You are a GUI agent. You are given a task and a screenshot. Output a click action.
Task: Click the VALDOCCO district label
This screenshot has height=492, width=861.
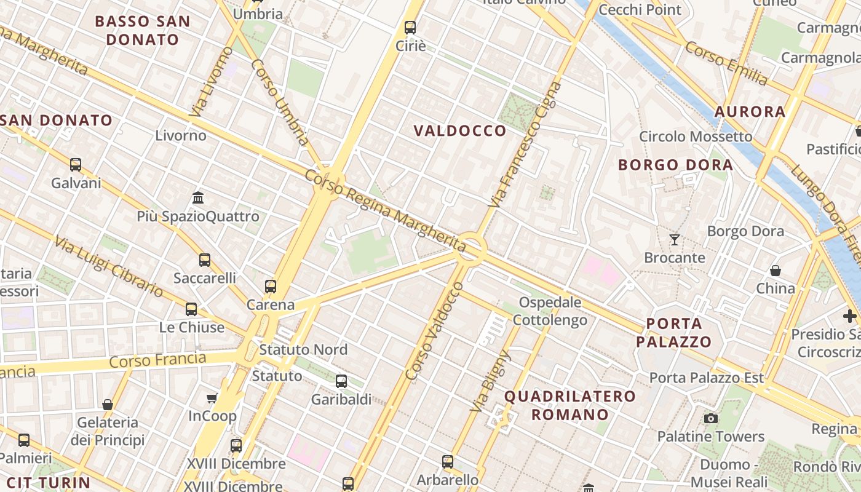click(x=460, y=131)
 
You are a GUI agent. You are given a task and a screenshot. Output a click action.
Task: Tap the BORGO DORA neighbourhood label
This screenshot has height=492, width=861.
click(x=675, y=165)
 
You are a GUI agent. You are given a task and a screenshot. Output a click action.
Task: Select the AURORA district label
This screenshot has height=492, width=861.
click(x=750, y=112)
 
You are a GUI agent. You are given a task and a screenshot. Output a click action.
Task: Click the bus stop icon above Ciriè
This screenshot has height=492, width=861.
click(x=410, y=28)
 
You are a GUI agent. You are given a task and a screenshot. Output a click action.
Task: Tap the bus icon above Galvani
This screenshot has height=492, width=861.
click(x=76, y=165)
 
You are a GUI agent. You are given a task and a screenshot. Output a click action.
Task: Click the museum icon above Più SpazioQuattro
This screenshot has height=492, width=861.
click(x=198, y=198)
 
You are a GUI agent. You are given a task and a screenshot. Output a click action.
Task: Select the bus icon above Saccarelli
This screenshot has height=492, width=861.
click(x=205, y=260)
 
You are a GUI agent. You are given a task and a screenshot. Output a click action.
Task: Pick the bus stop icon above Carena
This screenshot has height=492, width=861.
click(x=271, y=286)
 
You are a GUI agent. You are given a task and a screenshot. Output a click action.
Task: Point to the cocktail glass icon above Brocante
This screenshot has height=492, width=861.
click(x=675, y=240)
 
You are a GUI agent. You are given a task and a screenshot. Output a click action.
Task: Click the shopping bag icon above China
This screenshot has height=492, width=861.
click(x=776, y=271)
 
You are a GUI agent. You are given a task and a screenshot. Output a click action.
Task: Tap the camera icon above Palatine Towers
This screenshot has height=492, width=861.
click(x=711, y=419)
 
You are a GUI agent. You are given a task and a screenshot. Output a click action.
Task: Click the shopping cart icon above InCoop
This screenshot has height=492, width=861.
click(x=212, y=399)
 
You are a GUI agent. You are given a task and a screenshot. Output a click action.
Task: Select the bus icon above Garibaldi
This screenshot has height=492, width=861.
click(x=341, y=381)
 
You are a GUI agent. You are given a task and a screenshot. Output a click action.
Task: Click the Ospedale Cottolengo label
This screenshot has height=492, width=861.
click(x=550, y=311)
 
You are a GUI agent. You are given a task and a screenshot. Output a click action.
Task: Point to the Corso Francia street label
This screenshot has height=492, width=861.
click(x=157, y=360)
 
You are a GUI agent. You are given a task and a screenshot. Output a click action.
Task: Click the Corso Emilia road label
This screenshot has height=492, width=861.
click(x=726, y=63)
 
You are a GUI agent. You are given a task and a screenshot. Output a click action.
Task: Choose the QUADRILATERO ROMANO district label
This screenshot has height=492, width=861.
click(x=570, y=405)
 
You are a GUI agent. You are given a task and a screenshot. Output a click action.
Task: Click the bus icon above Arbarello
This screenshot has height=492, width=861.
click(x=448, y=461)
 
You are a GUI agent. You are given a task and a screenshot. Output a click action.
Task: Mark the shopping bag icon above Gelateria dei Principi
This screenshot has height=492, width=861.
click(x=108, y=405)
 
